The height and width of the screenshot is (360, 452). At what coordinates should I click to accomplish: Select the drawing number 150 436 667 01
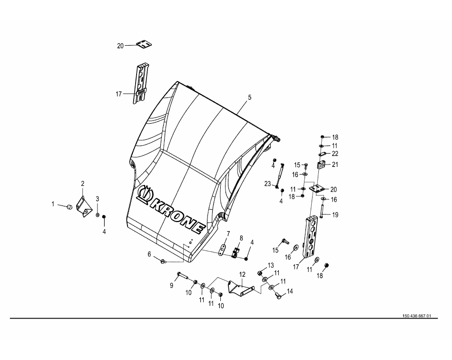point(416,316)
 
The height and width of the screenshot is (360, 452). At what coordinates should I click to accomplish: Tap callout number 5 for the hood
point(250,97)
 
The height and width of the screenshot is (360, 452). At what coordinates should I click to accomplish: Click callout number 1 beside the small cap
point(53,204)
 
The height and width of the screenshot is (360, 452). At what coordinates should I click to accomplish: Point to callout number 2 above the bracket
point(82,184)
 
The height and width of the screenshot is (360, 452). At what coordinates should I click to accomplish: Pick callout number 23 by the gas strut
point(267,184)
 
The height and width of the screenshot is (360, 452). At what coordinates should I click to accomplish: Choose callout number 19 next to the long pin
point(335,215)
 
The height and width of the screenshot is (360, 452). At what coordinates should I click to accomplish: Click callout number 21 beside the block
point(335,165)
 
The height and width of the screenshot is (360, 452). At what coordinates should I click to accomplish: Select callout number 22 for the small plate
point(335,154)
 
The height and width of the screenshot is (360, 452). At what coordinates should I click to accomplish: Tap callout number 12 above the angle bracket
point(242,274)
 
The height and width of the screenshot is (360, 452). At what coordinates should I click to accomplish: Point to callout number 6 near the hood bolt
point(149,254)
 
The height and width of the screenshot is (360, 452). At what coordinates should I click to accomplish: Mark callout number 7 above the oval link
point(228,234)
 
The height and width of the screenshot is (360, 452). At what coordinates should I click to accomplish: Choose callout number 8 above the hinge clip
point(241,238)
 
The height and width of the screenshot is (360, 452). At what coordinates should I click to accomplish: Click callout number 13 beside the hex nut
point(271,265)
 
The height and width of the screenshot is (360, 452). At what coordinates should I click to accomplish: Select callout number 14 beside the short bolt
point(290,291)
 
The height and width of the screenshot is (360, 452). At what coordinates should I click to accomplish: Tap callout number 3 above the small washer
point(98,198)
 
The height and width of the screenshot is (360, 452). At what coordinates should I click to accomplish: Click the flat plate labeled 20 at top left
point(144,44)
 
